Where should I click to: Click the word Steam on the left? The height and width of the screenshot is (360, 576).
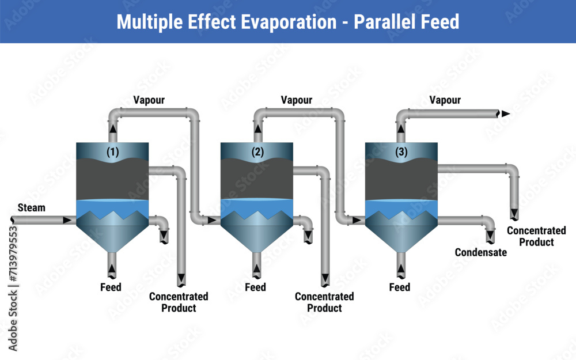tap(31, 207)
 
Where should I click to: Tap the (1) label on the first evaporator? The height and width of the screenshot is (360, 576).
tap(113, 152)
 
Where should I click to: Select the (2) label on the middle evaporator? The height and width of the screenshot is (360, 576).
tap(257, 152)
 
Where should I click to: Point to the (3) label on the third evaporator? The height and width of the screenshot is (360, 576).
tap(401, 152)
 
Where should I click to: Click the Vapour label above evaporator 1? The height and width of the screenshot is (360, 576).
tap(149, 100)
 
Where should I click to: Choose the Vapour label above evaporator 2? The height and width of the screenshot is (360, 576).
tap(297, 100)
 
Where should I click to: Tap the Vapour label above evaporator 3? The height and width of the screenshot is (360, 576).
tap(445, 100)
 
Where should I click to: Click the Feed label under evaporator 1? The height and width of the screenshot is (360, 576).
tap(111, 287)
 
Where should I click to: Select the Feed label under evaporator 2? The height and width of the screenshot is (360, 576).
tap(255, 287)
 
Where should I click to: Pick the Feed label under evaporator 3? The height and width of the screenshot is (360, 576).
tap(400, 287)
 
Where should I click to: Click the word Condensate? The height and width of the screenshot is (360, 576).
tap(481, 252)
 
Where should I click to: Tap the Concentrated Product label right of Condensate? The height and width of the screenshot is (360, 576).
tap(536, 236)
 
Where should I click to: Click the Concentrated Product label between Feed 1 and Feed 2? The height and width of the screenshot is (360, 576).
tap(179, 302)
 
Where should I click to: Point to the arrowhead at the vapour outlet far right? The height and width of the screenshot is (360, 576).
tap(505, 114)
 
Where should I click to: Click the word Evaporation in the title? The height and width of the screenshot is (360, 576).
tap(294, 22)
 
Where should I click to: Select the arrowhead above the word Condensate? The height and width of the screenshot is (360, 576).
tap(491, 237)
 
